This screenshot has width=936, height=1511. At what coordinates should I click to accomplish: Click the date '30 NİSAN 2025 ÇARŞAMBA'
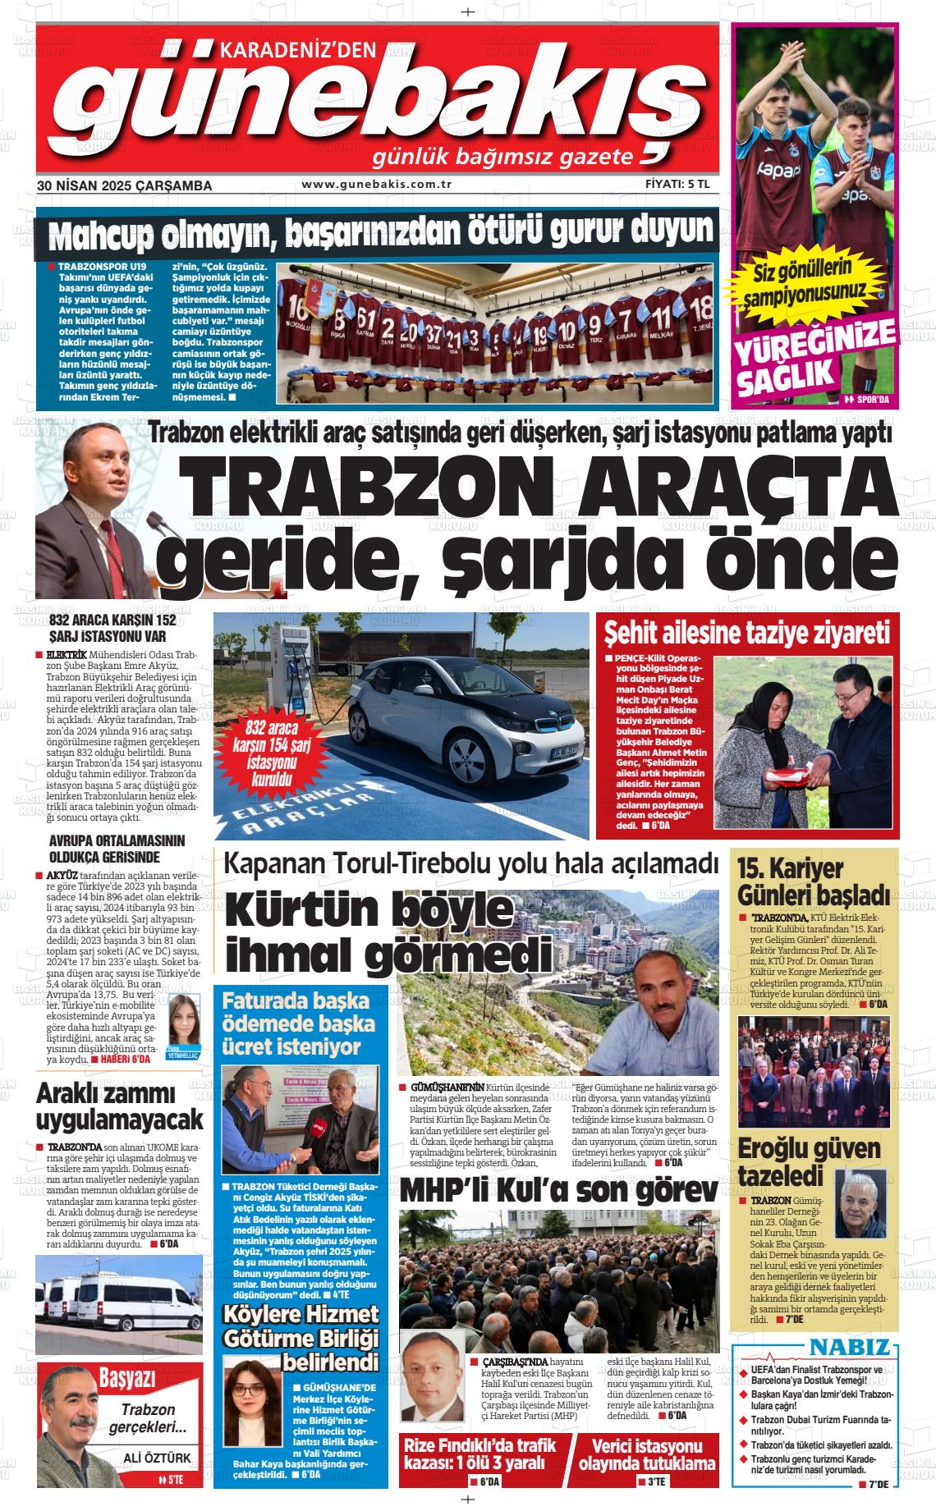click(x=124, y=185)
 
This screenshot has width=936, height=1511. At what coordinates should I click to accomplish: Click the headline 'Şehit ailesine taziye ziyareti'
click(x=747, y=634)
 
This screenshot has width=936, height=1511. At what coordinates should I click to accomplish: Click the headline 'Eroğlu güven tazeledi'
click(x=796, y=1161)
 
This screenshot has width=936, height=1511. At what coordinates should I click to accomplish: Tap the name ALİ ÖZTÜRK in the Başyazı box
click(x=156, y=1458)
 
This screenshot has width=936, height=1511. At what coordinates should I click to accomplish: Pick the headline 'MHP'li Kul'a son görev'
click(x=558, y=1191)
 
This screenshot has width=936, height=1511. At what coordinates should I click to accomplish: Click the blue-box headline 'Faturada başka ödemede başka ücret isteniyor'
click(x=298, y=1023)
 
